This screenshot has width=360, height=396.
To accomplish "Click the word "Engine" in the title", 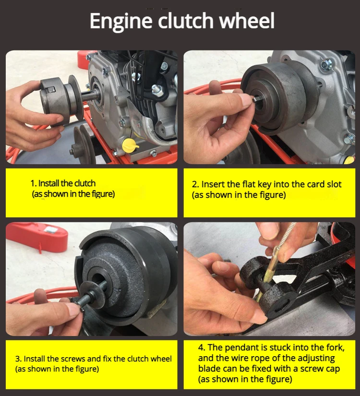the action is pyautogui.click(x=121, y=21).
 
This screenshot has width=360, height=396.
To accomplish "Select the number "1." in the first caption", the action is pyautogui.click(x=34, y=183).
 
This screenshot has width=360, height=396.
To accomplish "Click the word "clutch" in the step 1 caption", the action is pyautogui.click(x=85, y=183).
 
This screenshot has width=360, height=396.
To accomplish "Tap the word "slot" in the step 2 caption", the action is pyautogui.click(x=334, y=184).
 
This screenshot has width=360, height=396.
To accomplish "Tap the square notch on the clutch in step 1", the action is pyautogui.click(x=51, y=90).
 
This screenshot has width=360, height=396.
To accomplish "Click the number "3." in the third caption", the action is pyautogui.click(x=18, y=359).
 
